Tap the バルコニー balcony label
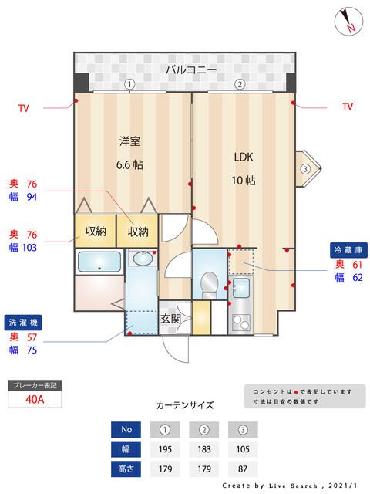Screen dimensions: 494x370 coord(190,70)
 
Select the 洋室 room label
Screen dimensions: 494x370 coord(129,141)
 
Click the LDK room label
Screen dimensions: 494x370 coord(244,157)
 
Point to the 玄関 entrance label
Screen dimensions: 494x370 coord(170,317)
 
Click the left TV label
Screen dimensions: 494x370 coord(24,107)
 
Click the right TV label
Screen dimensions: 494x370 coord(347,107)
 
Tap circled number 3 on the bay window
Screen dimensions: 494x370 coord(305,168)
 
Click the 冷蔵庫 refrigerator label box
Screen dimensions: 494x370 coord(347,250)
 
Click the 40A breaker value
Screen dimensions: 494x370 coord(34,399)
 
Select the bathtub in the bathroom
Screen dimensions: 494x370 coord(99,262)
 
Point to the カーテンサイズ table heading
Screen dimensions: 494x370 coord(185,404)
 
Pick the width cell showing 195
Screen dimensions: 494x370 coord(166,448)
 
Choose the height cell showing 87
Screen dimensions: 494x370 coord(242,468)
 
